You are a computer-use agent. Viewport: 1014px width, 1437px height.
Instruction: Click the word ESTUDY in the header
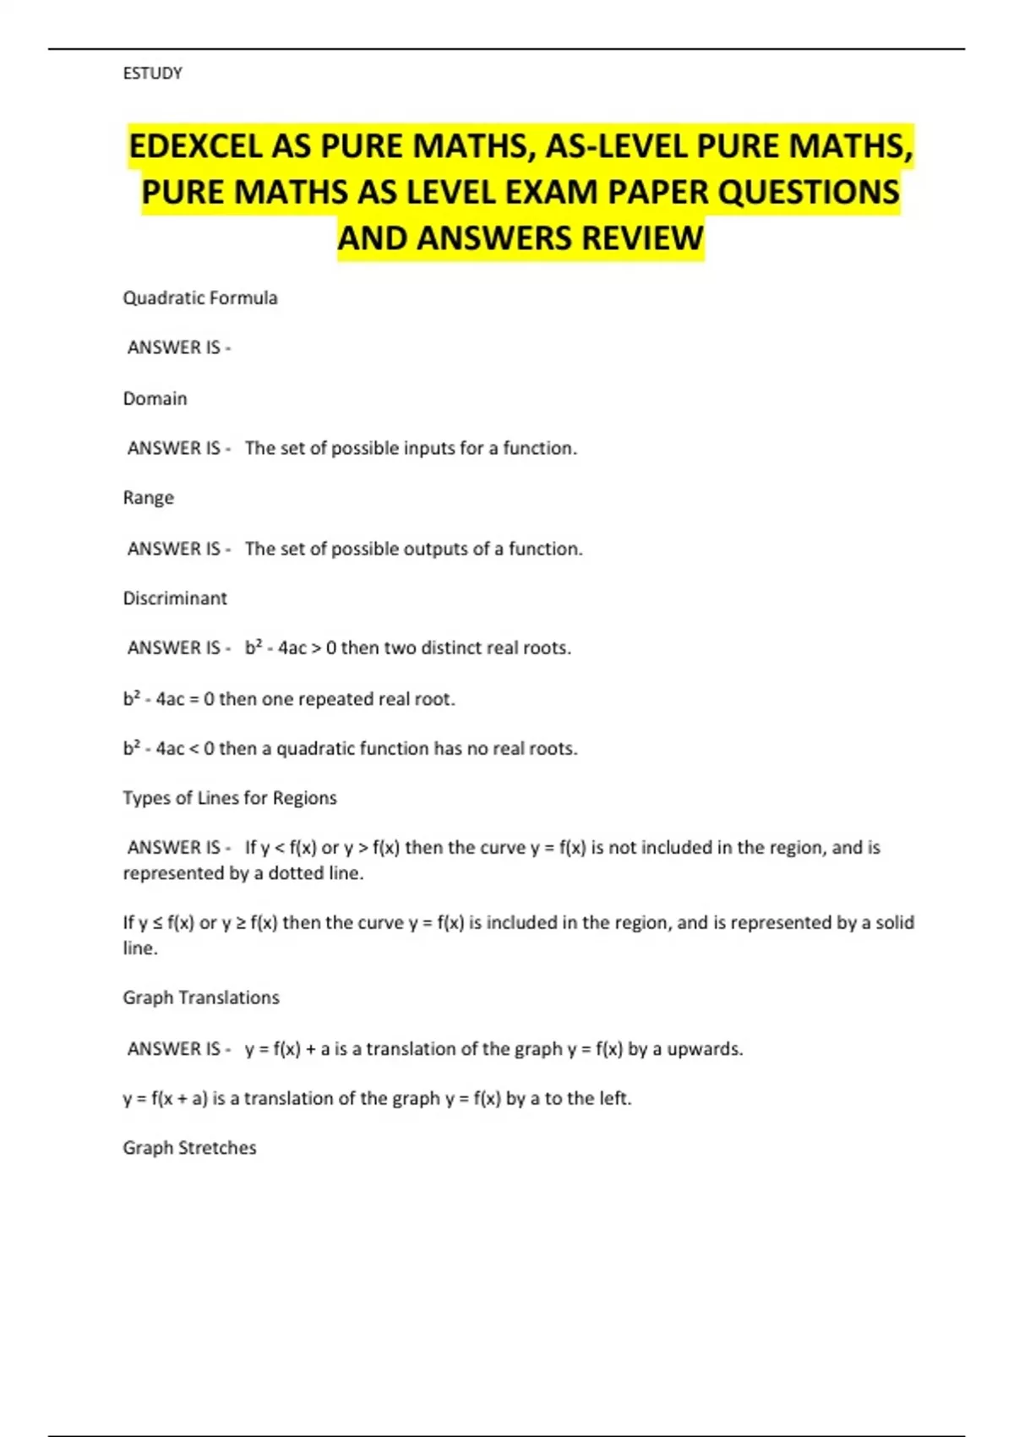(152, 74)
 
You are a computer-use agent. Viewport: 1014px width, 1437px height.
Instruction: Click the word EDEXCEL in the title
(195, 147)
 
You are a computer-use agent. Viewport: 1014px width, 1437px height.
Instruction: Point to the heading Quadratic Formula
(200, 298)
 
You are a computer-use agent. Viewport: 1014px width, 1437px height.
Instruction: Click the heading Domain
(155, 399)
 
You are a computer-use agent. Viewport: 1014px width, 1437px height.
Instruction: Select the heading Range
(148, 498)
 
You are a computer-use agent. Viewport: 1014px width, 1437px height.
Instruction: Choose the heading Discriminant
(175, 598)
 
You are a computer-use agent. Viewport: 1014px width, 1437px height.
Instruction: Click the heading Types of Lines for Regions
(230, 798)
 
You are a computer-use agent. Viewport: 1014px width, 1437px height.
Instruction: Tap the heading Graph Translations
(201, 998)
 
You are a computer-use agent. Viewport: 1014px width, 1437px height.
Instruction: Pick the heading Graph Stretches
(189, 1148)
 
